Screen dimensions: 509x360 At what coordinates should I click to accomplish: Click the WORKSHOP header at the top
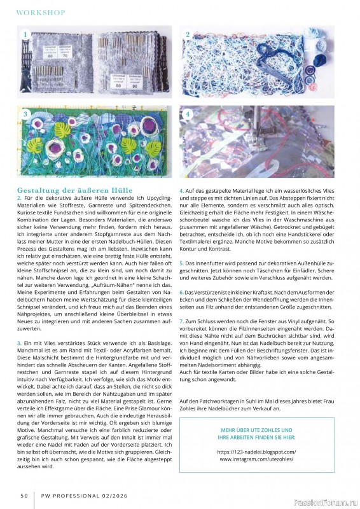point(40,12)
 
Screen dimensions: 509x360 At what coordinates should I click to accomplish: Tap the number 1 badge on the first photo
point(25,34)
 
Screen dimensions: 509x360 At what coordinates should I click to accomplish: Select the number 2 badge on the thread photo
point(188,34)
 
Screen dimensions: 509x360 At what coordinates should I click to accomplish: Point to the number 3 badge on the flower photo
point(25,114)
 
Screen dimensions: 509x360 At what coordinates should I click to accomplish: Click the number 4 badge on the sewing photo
point(188,114)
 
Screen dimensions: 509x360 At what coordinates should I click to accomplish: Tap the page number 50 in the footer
point(24,495)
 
